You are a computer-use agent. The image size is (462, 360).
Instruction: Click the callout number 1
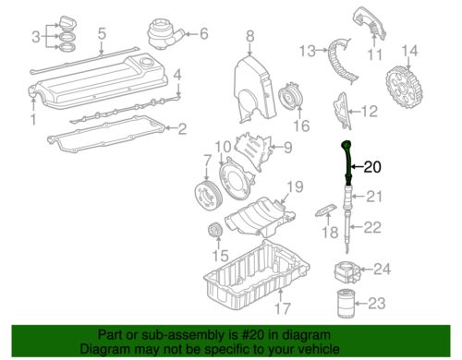(x=34, y=119)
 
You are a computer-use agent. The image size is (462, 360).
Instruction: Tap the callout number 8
(x=249, y=36)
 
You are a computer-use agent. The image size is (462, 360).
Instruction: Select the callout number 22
(x=372, y=227)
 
